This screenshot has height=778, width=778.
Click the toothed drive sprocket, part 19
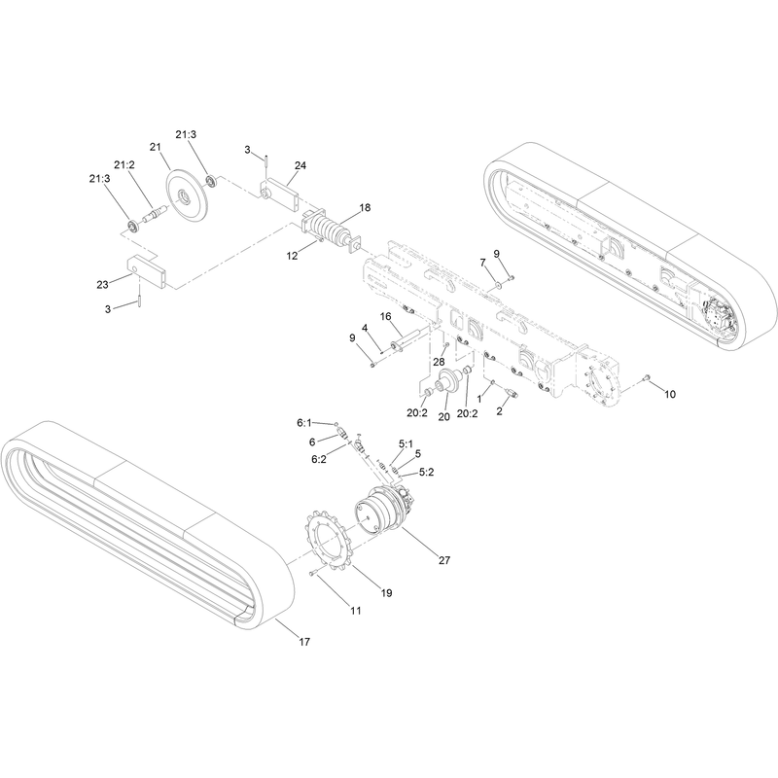click(307, 544)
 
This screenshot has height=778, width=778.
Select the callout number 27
click(444, 560)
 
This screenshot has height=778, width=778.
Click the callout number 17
click(304, 642)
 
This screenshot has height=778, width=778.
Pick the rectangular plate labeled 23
click(147, 271)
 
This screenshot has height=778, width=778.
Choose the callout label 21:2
click(124, 164)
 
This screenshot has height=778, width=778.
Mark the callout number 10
click(670, 395)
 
